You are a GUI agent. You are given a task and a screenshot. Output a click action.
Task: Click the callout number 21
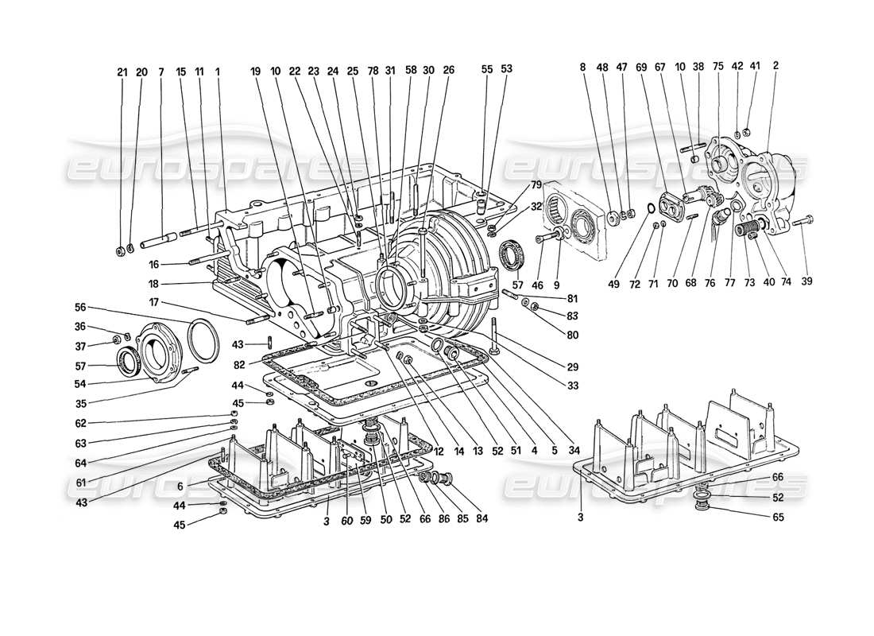pos(122,72)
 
